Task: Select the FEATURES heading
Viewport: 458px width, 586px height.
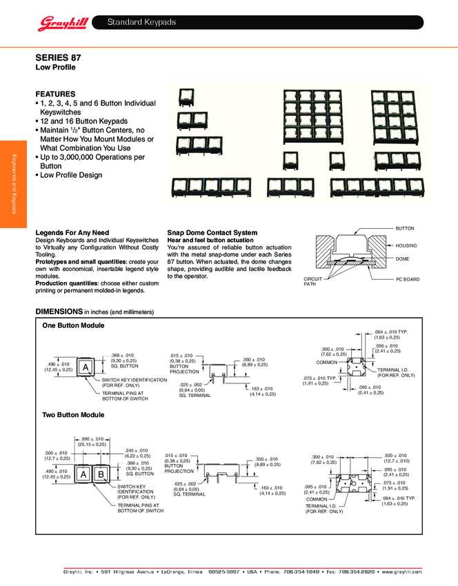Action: click(x=55, y=94)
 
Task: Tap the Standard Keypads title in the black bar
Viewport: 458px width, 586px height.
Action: click(x=141, y=23)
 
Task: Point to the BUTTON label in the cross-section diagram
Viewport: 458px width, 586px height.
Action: click(x=404, y=228)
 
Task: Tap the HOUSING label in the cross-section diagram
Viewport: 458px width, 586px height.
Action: click(x=406, y=245)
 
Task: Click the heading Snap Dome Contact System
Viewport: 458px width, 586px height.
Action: click(x=212, y=232)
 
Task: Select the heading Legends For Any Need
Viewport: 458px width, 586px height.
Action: click(x=72, y=232)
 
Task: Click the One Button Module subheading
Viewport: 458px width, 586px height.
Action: click(x=73, y=325)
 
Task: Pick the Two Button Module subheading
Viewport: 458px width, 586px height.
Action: click(x=73, y=414)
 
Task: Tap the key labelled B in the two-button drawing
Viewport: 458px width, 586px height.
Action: click(x=100, y=475)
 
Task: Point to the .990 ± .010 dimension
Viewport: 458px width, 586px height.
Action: click(x=90, y=438)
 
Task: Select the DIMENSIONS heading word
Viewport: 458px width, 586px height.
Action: click(x=59, y=312)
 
